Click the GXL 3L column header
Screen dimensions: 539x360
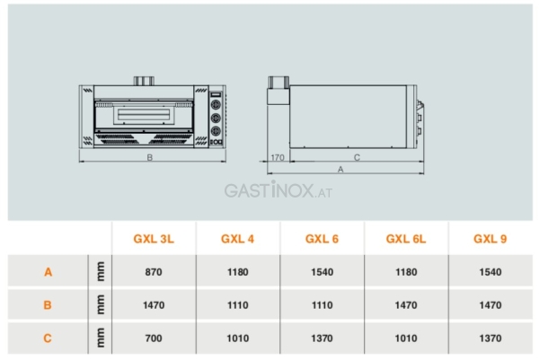154,239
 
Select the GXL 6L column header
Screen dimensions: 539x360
406,239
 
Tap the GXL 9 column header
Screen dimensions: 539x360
490,239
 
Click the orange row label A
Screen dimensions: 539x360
49,272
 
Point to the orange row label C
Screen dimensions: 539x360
48,338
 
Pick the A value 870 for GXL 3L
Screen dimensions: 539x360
154,272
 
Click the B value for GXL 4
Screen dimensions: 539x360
237,305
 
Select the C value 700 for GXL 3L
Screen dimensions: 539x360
154,338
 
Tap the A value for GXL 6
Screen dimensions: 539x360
323,272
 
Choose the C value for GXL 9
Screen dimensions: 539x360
490,338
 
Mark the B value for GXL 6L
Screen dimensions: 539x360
406,305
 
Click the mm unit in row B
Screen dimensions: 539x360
101,304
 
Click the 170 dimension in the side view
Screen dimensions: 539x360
278,157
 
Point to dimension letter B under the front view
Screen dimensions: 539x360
150,157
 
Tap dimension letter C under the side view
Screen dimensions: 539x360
357,157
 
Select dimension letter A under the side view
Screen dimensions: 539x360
340,170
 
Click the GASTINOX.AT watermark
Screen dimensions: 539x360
278,190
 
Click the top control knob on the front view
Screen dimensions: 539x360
216,104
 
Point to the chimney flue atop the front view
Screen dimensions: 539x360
144,81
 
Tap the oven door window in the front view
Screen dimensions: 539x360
144,115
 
